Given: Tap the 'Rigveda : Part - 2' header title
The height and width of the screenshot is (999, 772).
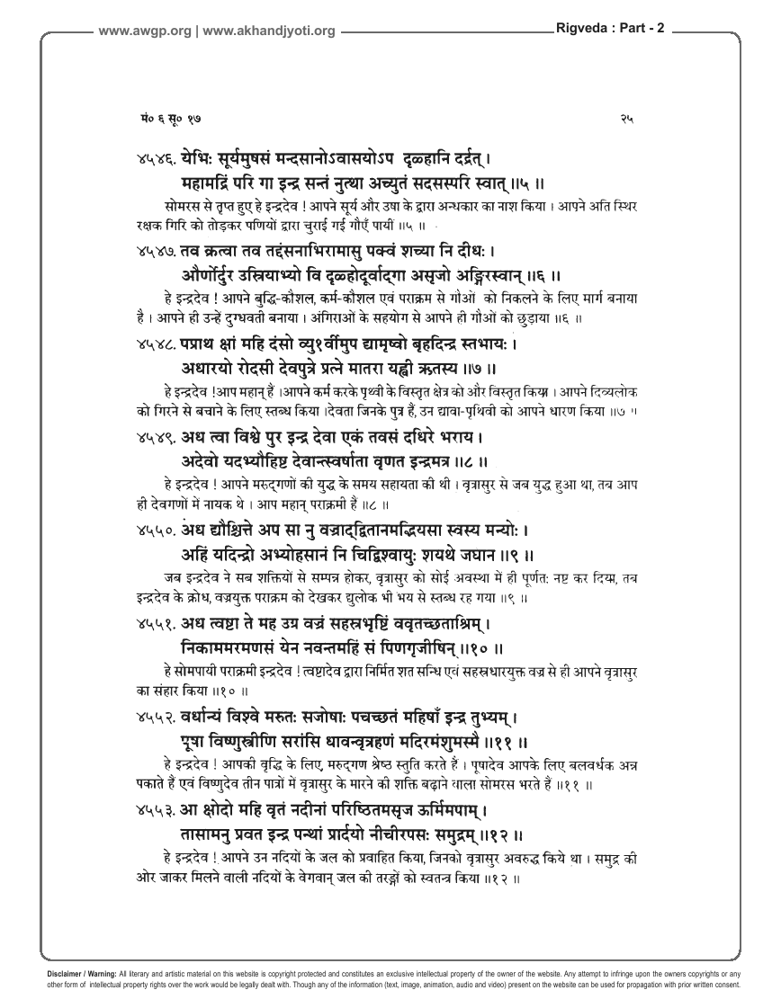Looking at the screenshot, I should point(611,28).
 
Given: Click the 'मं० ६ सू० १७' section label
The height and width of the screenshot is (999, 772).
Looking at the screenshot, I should point(157,118).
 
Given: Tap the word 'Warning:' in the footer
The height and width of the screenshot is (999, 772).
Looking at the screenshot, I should point(99,975).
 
